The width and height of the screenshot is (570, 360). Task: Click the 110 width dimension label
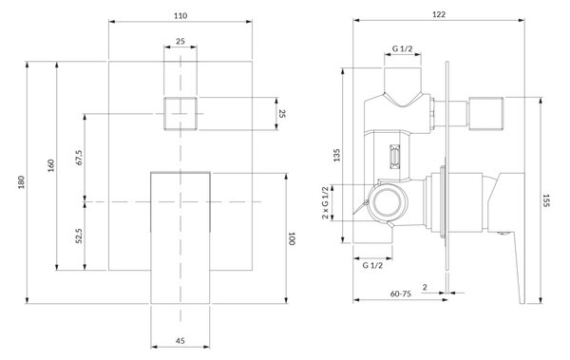(x=180, y=15)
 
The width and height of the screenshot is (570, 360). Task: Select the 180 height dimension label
(x=22, y=182)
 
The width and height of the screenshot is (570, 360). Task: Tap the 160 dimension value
(x=51, y=165)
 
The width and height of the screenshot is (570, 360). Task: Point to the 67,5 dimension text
(x=79, y=158)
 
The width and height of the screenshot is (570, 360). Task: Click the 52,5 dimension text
(x=79, y=236)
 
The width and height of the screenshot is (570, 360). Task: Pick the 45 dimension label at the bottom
(x=180, y=341)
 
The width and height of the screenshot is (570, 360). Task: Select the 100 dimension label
(x=292, y=238)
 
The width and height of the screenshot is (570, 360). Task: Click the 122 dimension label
(x=439, y=14)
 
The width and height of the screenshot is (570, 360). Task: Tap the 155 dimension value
(x=545, y=200)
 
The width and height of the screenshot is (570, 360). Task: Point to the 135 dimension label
(x=336, y=155)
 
